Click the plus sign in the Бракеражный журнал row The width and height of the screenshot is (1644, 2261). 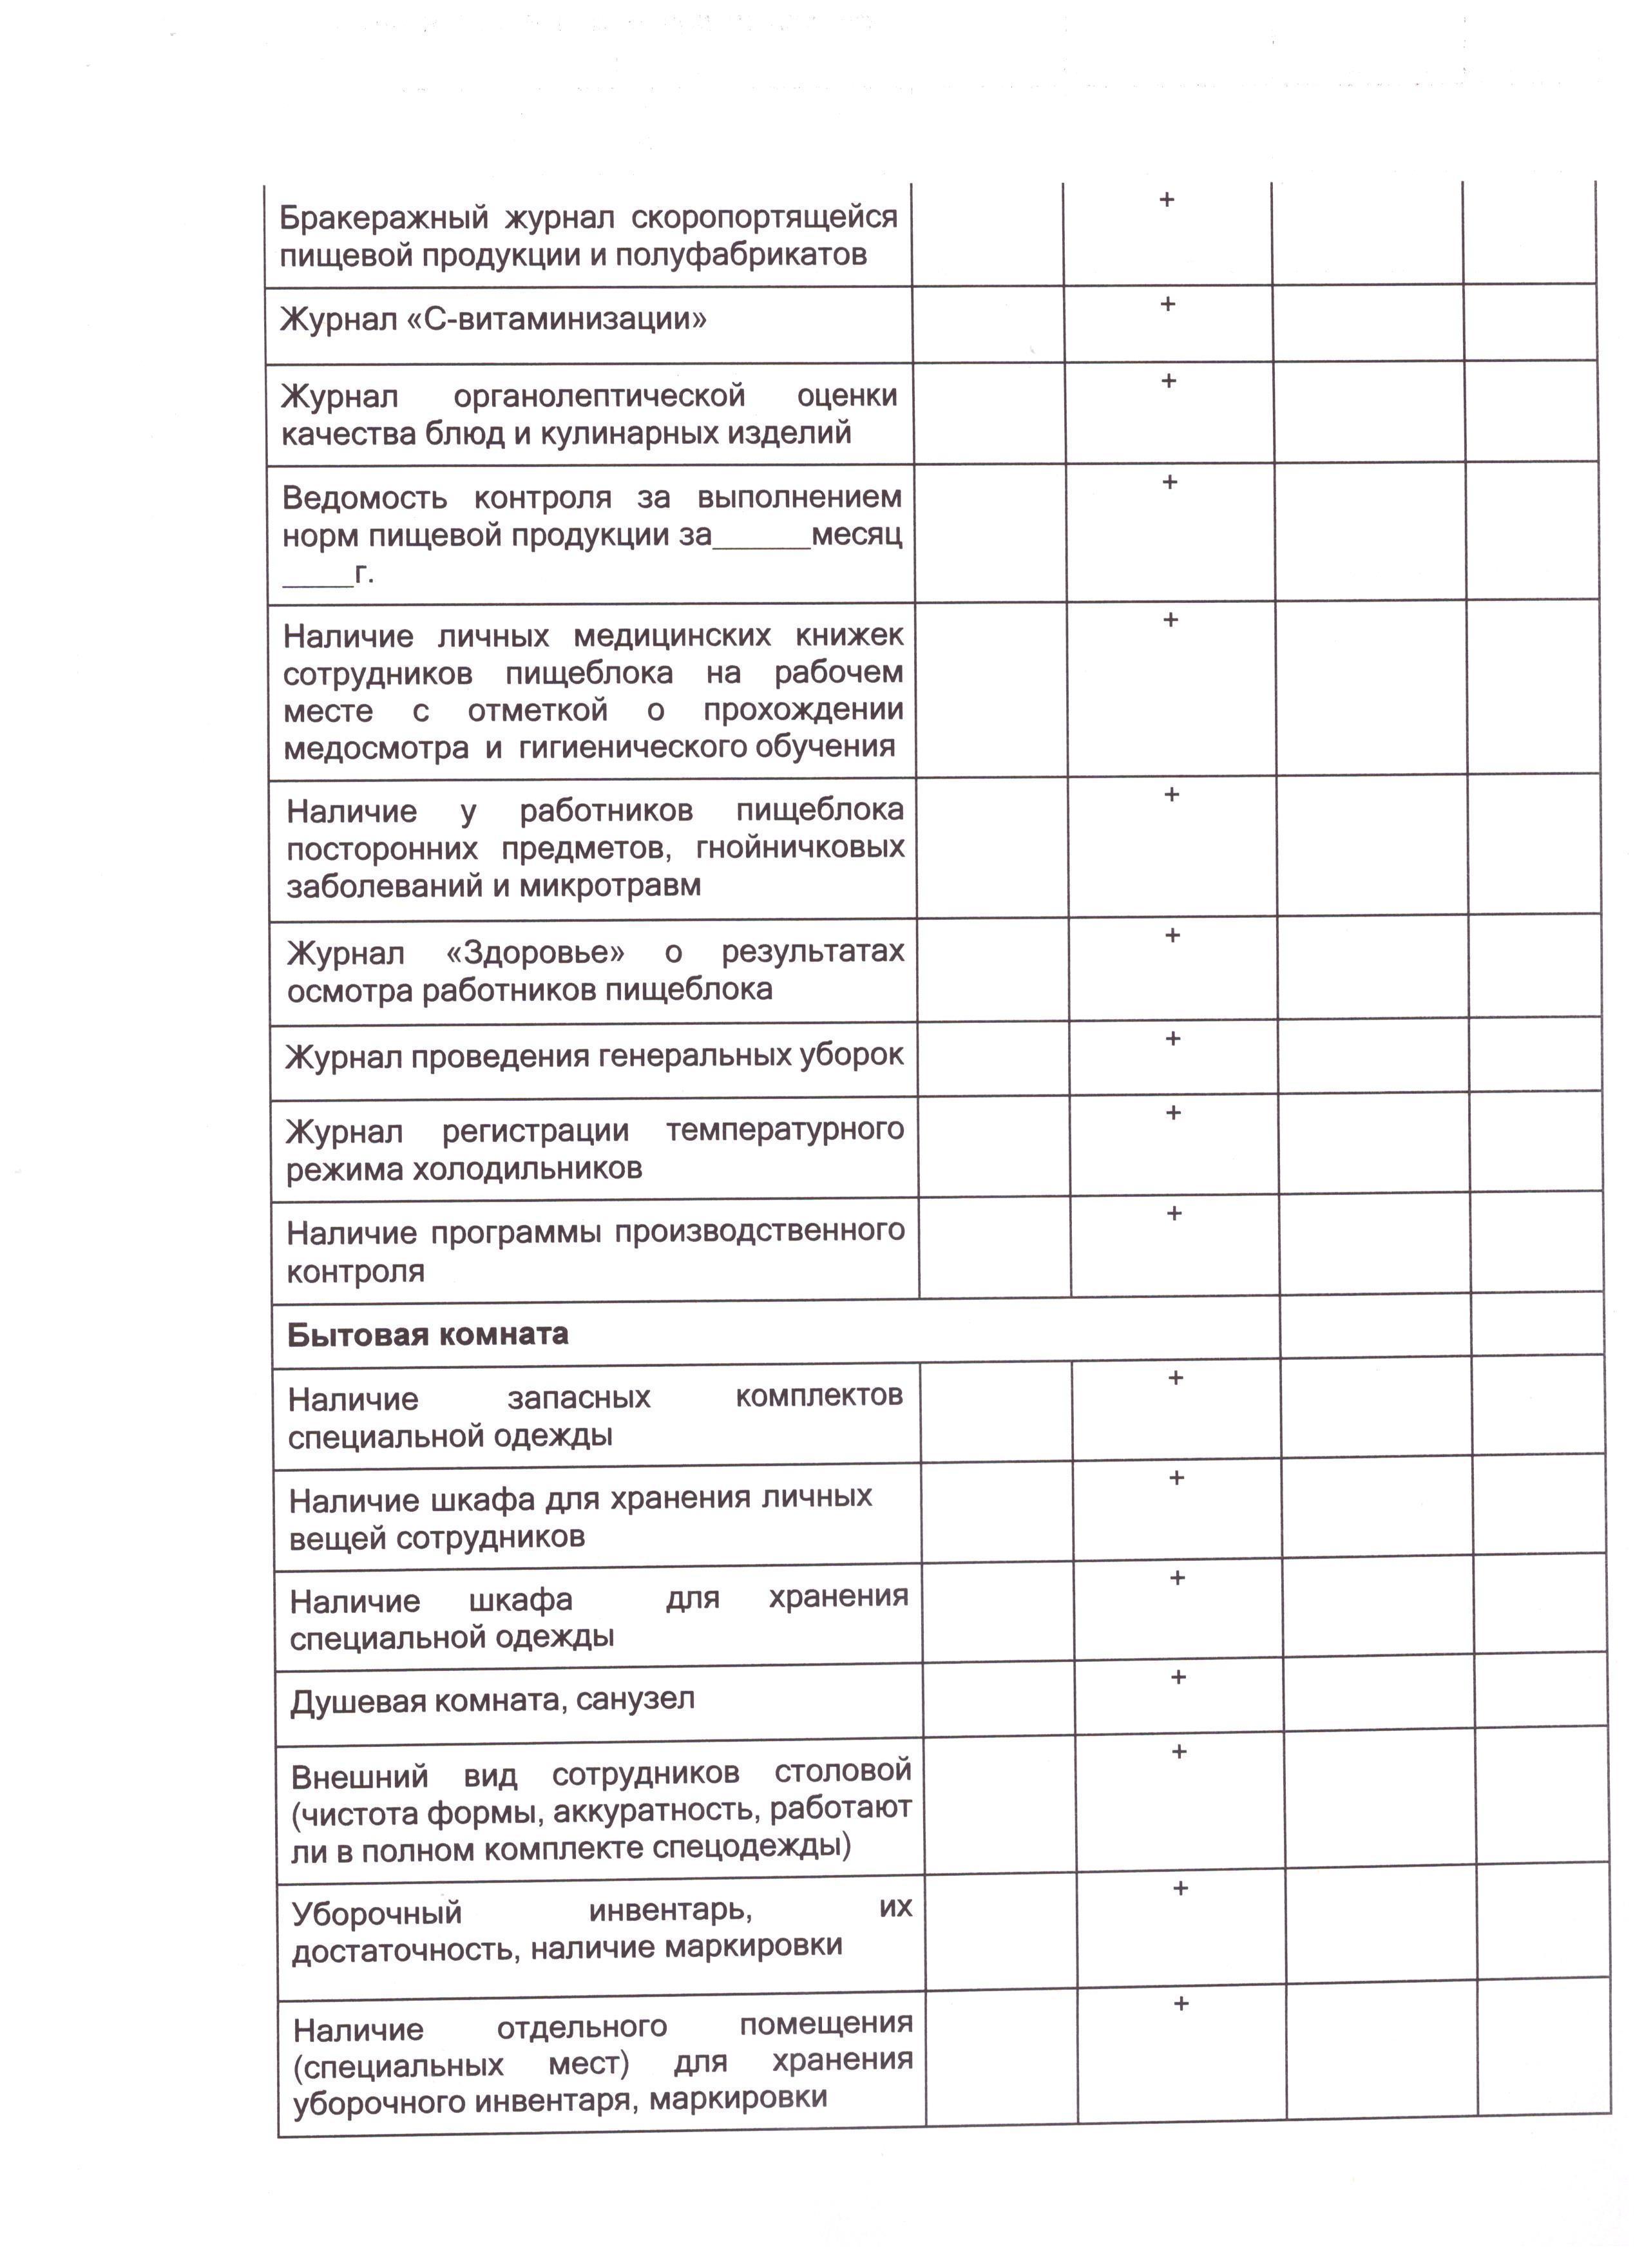coord(1167,200)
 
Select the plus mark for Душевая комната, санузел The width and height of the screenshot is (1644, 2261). coord(1178,1678)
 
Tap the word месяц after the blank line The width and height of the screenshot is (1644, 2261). coord(856,535)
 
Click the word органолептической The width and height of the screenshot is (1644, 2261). coord(599,396)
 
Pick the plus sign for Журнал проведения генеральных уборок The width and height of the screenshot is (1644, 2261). coord(1174,1039)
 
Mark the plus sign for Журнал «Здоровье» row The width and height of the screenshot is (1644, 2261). coord(1172,936)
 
